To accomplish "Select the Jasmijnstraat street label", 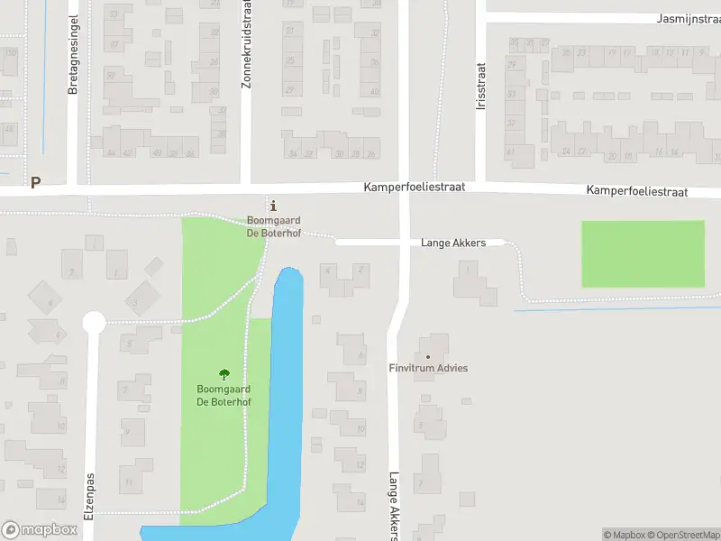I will point(688,18).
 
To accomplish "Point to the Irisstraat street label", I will point(480,86).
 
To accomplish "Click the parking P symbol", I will point(35,182).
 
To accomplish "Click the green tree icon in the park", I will point(224,373).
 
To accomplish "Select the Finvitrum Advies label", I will point(428,369).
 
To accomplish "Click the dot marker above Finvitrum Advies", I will point(428,356).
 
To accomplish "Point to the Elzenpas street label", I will point(89,496).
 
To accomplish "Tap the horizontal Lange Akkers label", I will point(453,243).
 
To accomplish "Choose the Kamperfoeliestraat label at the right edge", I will point(636,192).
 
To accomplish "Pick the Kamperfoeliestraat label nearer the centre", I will point(415,188).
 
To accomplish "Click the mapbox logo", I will point(40,529).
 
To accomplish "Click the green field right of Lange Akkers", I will point(643,253).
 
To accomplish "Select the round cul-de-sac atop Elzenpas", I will point(94,322).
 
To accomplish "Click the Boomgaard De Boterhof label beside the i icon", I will point(274,227).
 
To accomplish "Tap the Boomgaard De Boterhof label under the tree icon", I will point(224,396).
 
